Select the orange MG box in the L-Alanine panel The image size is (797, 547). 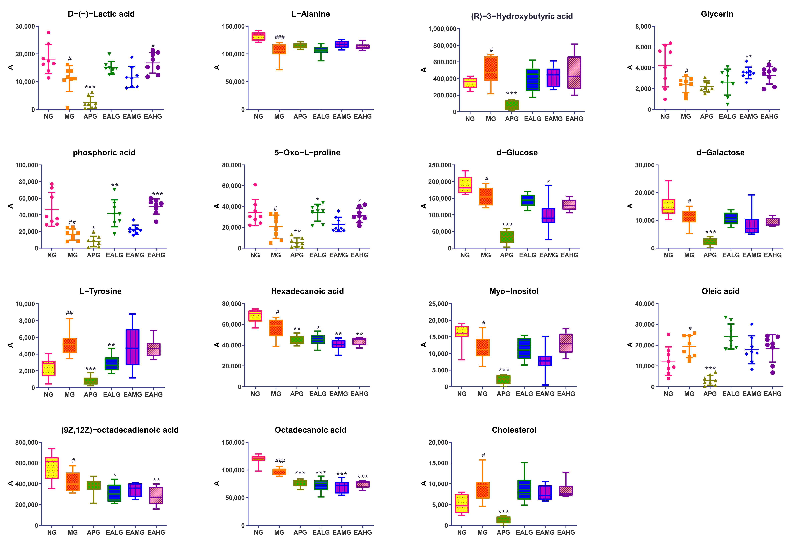[x=279, y=49]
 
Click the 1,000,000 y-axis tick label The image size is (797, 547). [x=442, y=29]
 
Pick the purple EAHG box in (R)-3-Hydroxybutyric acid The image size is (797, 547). [x=574, y=73]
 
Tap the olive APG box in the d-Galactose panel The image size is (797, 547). [x=710, y=242]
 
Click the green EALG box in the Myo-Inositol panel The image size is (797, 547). [x=524, y=348]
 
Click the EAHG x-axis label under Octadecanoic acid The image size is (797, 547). [x=363, y=532]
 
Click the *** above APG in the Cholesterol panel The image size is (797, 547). [x=503, y=512]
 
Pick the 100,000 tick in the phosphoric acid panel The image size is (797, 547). [x=26, y=165]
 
